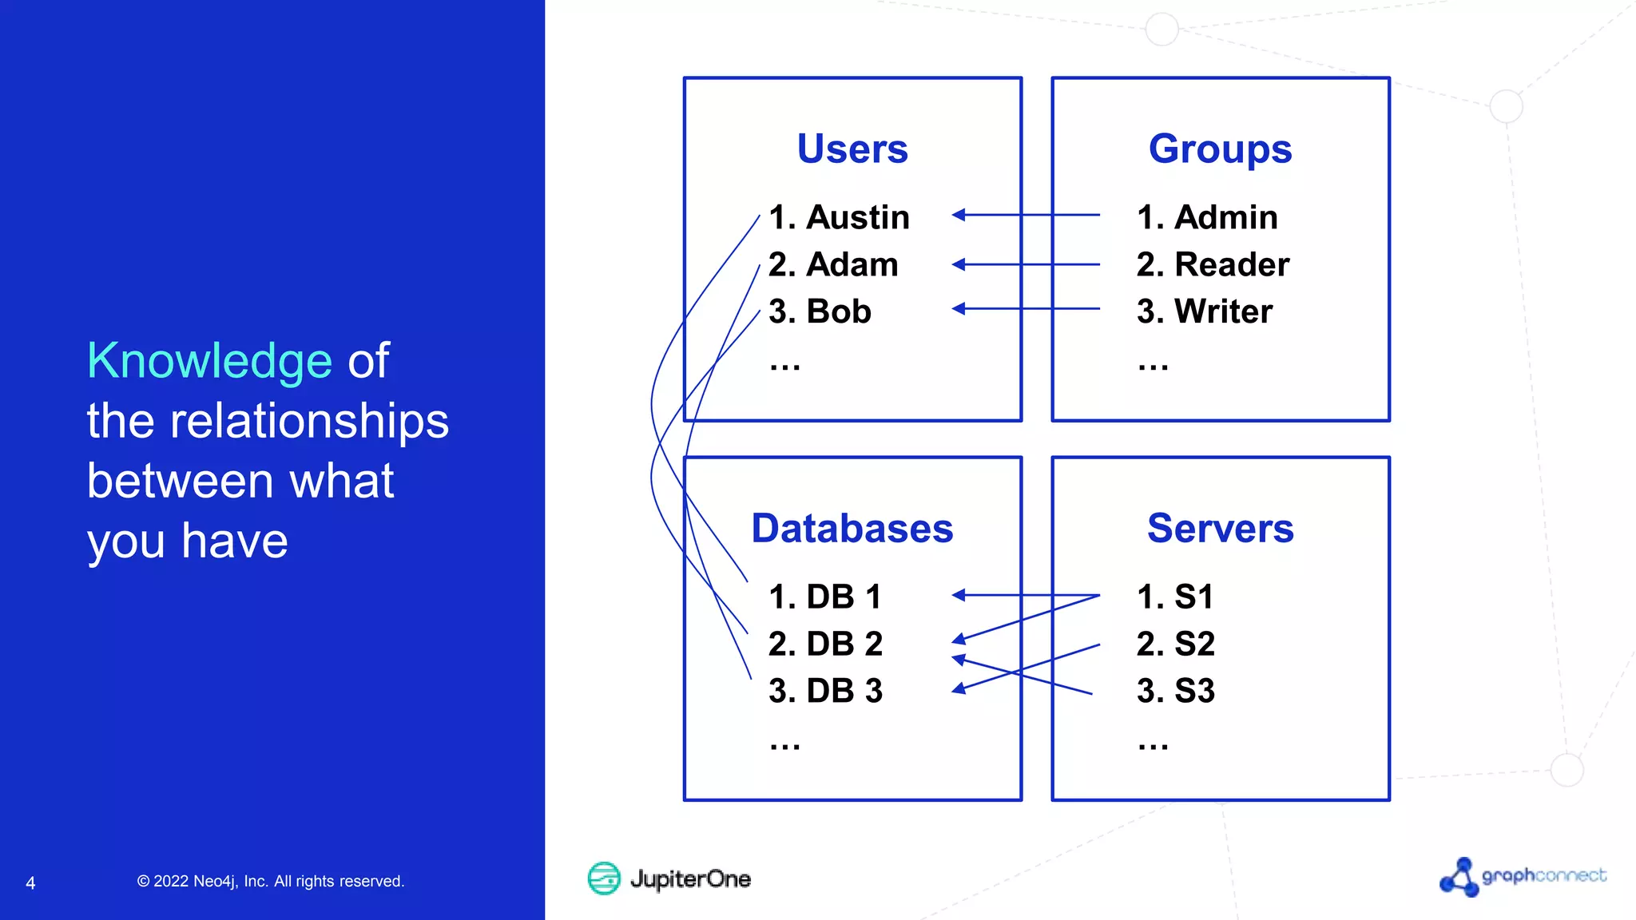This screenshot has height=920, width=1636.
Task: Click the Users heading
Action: [x=852, y=149]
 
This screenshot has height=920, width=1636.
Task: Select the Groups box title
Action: [x=1220, y=149]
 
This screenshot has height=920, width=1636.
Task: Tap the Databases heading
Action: [x=852, y=529]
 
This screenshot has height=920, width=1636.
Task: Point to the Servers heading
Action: [x=1220, y=529]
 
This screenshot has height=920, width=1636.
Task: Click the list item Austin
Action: [x=839, y=217]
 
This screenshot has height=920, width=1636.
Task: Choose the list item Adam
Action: [x=833, y=264]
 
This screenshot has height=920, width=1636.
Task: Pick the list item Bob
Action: [x=820, y=311]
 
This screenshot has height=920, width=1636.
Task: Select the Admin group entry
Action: [x=1207, y=217]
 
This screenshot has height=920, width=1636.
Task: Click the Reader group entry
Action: [x=1213, y=264]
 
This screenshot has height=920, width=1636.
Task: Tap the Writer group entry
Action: [x=1205, y=311]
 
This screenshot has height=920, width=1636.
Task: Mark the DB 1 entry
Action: [x=824, y=597]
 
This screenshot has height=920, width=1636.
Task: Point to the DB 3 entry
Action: [x=825, y=691]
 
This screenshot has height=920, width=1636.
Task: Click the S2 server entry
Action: [x=1175, y=644]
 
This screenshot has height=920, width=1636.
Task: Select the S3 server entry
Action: [x=1175, y=691]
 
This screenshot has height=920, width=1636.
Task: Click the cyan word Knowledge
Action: [x=209, y=361]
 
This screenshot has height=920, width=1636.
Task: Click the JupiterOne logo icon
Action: [x=604, y=878]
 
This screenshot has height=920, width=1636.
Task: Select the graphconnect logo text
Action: [x=1543, y=876]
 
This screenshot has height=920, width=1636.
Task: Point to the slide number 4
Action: [x=30, y=883]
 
